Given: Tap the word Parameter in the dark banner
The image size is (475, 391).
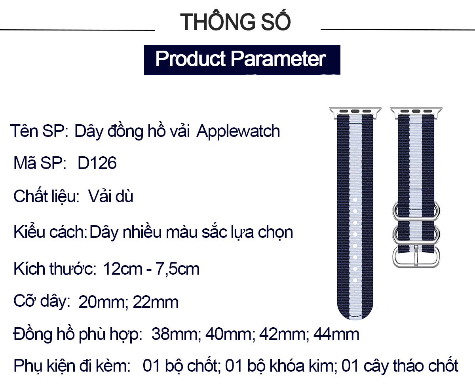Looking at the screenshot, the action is pyautogui.click(x=278, y=59).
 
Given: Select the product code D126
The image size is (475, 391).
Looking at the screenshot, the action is pyautogui.click(x=97, y=163).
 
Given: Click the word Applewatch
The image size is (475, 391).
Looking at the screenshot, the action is pyautogui.click(x=238, y=131).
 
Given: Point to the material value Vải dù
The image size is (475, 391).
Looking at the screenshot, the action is pyautogui.click(x=110, y=196).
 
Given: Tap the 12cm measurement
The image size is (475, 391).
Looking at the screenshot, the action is pyautogui.click(x=123, y=269).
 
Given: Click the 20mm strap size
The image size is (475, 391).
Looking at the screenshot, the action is pyautogui.click(x=101, y=302).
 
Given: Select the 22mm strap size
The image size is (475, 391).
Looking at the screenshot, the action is pyautogui.click(x=156, y=302).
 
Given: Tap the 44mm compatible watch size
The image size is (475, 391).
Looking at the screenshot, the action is pyautogui.click(x=336, y=334).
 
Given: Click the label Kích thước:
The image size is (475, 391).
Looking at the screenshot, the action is pyautogui.click(x=55, y=269).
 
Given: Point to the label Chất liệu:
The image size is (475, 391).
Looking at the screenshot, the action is pyautogui.click(x=46, y=195).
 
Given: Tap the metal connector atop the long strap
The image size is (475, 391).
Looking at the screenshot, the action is pyautogui.click(x=355, y=112).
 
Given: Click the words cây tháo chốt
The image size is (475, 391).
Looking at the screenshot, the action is pyautogui.click(x=411, y=366).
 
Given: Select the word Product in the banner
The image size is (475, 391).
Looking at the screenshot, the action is pyautogui.click(x=190, y=59).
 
